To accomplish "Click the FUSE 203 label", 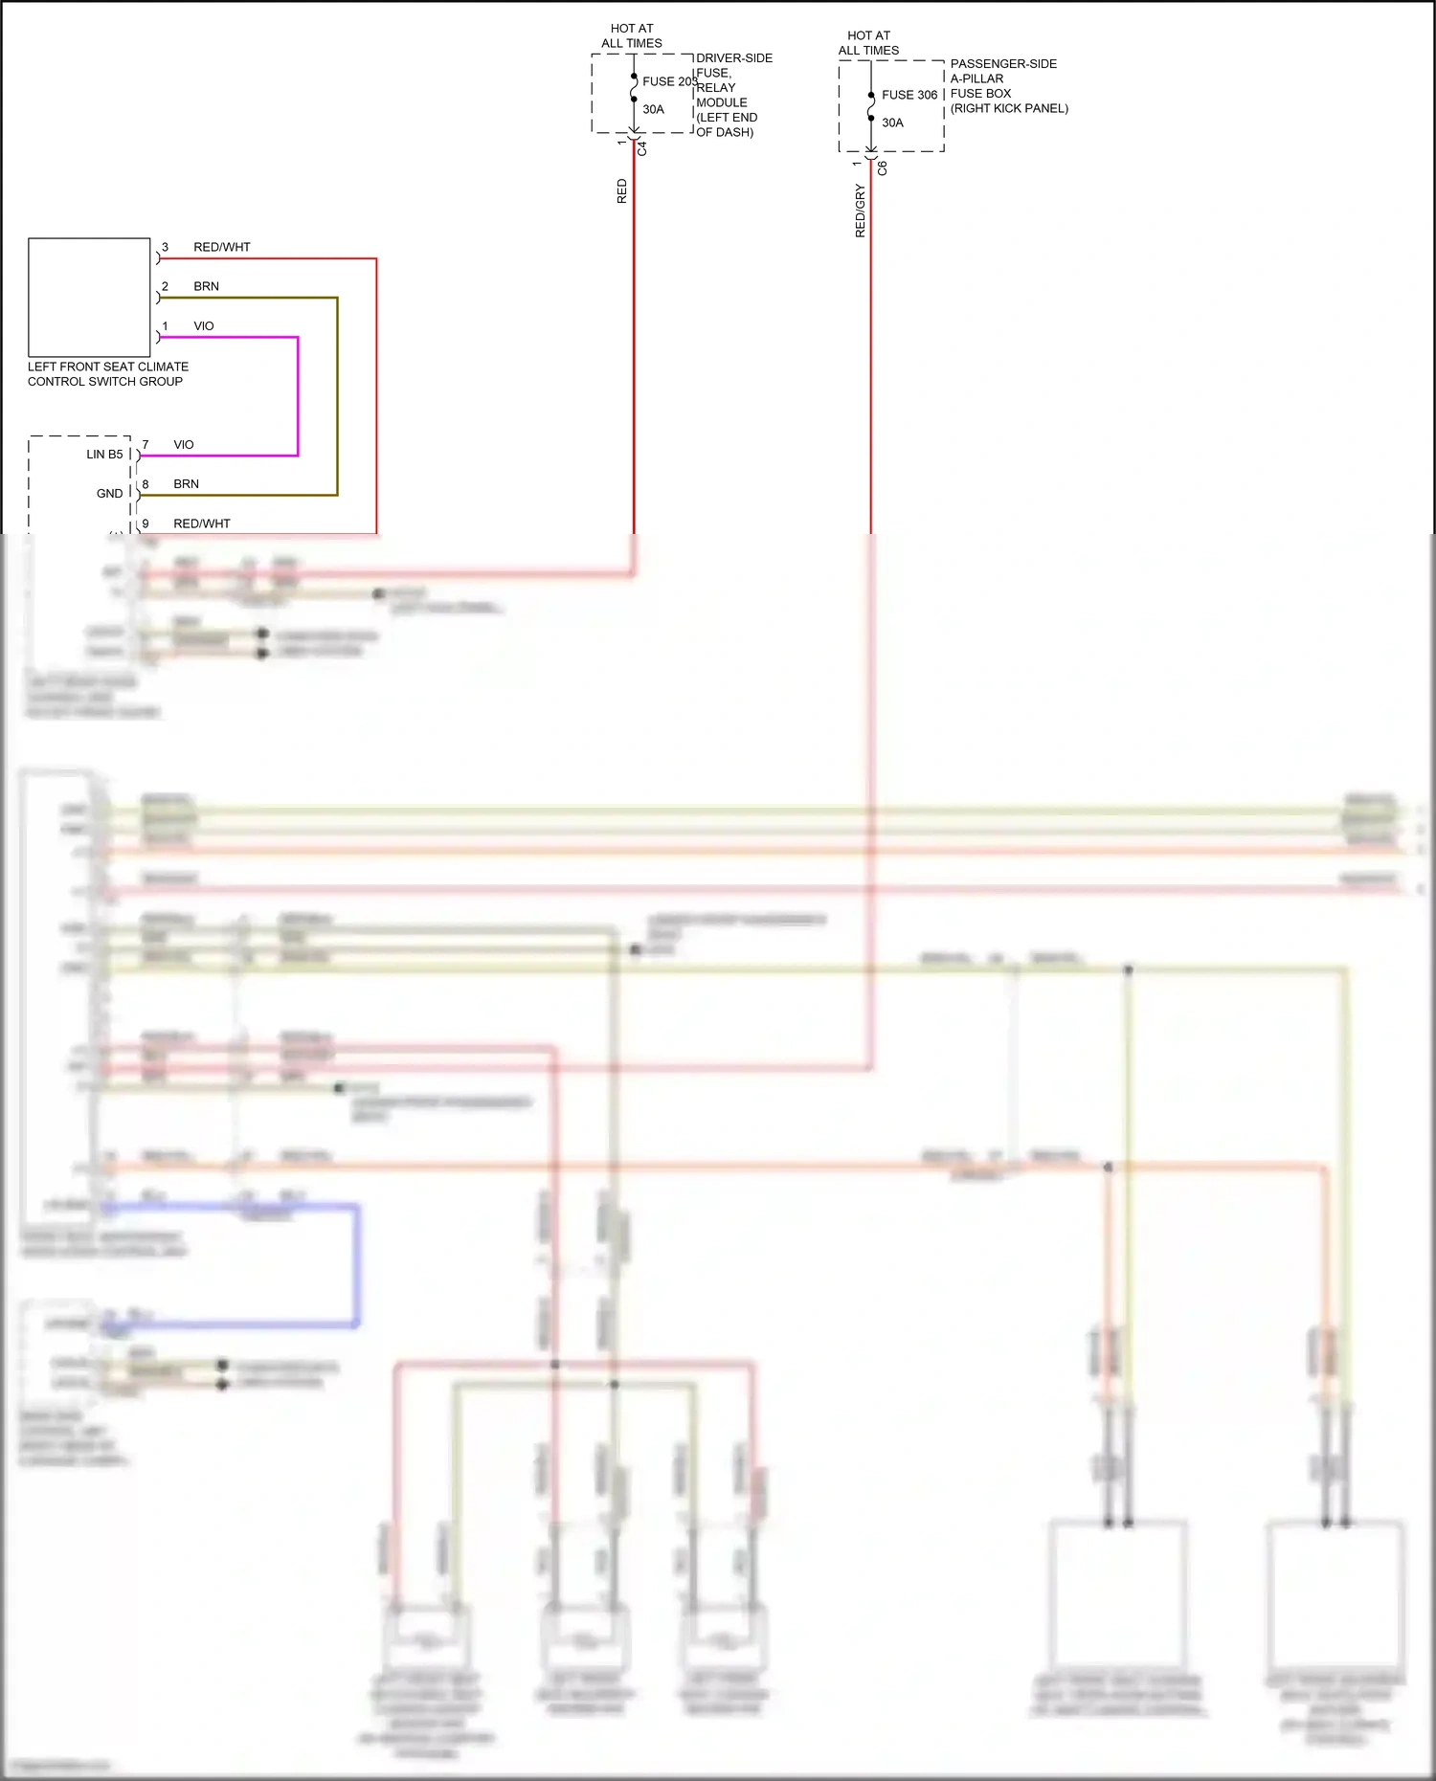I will click(668, 81).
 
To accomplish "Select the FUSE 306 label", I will click(909, 95).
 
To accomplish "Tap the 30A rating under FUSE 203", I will click(653, 109).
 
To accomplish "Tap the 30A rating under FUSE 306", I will click(892, 122).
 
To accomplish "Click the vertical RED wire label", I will click(621, 190).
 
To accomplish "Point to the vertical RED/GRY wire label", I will click(860, 211).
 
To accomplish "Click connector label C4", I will click(642, 149).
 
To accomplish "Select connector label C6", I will click(883, 168).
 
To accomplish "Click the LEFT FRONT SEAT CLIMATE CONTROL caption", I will click(107, 373).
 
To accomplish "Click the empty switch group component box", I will click(89, 297).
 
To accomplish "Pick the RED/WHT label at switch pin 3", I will click(221, 247).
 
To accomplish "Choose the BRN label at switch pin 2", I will click(206, 286).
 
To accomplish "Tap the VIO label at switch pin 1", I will click(203, 326).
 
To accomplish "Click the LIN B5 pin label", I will click(104, 455).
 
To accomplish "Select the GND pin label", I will click(109, 494).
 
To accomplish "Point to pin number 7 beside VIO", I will click(146, 445).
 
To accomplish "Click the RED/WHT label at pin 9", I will click(201, 523).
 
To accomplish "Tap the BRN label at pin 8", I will click(186, 484).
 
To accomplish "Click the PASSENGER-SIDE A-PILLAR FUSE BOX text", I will click(1008, 86).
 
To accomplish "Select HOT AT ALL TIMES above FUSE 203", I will click(631, 36).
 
